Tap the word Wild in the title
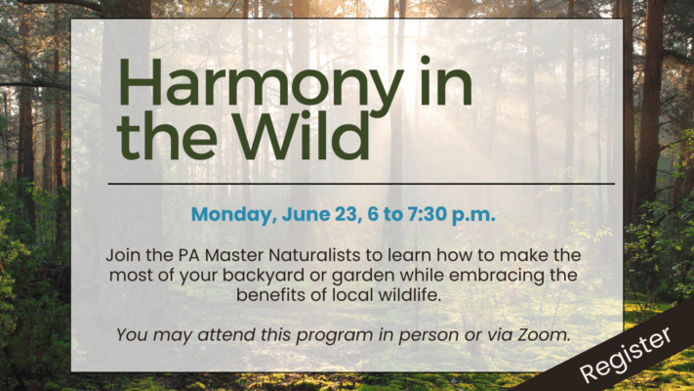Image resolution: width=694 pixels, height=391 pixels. pyautogui.click(x=305, y=135)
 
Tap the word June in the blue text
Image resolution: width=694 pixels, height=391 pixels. pyautogui.click(x=306, y=214)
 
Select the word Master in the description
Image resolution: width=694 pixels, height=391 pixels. pyautogui.click(x=234, y=255)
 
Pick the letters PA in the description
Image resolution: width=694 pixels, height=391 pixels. pyautogui.click(x=189, y=255)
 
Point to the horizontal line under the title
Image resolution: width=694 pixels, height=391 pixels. pyautogui.click(x=361, y=183)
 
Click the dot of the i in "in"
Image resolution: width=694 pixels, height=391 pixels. pyautogui.click(x=426, y=60)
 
